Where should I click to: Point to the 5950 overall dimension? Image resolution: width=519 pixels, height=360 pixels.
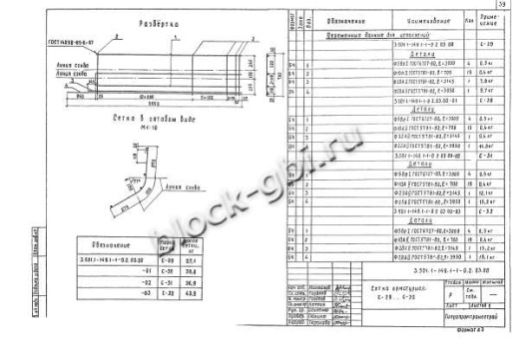(146, 103)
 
